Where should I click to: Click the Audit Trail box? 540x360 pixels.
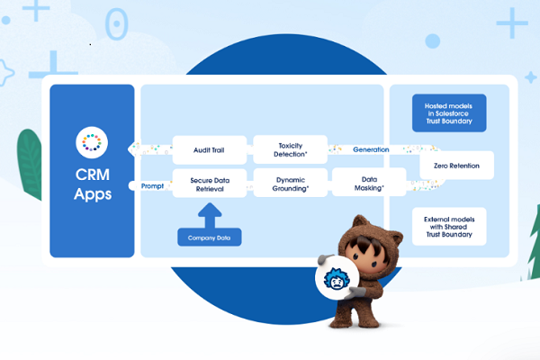click(209, 148)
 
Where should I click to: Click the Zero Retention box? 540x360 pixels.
click(456, 166)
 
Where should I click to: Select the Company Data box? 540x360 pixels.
click(209, 238)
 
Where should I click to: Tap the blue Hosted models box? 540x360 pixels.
click(448, 112)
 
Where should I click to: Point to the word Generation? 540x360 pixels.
click(371, 148)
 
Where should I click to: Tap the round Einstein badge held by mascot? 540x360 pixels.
click(337, 281)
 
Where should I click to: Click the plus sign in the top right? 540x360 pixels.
click(512, 22)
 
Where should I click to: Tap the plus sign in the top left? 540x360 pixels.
click(36, 9)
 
